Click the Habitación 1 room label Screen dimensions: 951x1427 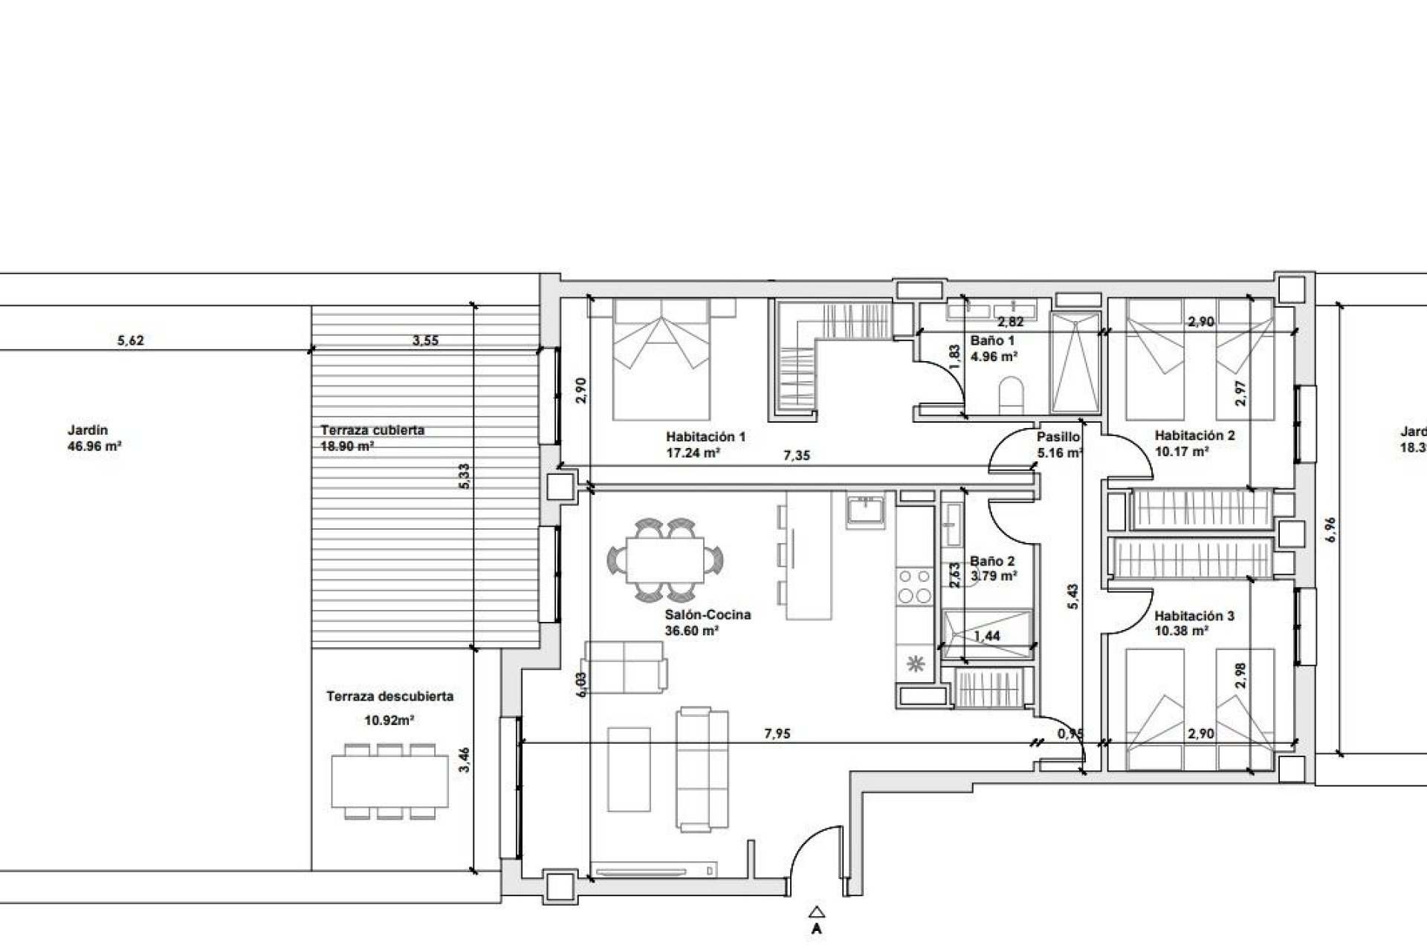click(705, 438)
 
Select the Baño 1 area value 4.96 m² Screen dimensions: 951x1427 click(993, 356)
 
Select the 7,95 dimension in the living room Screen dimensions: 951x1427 click(777, 734)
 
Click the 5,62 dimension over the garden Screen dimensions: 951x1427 click(131, 342)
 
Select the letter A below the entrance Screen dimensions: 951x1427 click(817, 929)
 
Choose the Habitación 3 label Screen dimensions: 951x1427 click(1194, 616)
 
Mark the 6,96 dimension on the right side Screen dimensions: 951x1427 click(1330, 529)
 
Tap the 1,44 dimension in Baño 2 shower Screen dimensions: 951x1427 click(986, 636)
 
